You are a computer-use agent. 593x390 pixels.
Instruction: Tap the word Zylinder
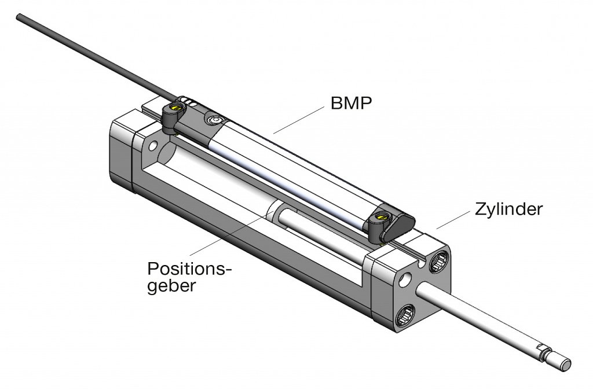(508, 209)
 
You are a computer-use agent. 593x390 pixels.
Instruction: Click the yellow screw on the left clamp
(175, 107)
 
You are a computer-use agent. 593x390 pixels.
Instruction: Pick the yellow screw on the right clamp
(380, 217)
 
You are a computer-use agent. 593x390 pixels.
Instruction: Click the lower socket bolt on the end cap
(404, 315)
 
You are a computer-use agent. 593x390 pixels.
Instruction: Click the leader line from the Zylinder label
(453, 220)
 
